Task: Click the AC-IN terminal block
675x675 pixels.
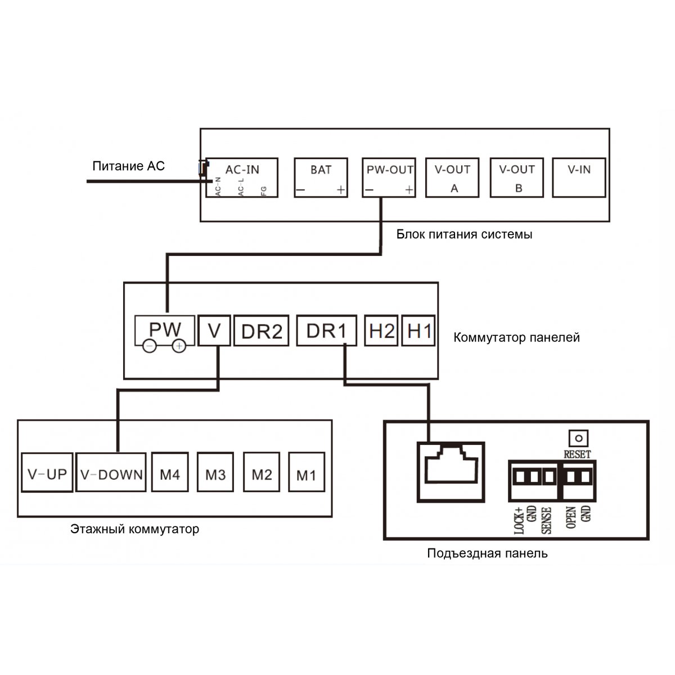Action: coord(242,177)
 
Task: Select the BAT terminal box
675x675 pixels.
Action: coord(321,177)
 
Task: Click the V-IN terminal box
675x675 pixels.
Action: coord(579,177)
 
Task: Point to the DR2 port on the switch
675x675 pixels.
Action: coord(261,330)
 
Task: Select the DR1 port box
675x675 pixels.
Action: coord(327,330)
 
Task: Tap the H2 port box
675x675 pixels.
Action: coord(381,330)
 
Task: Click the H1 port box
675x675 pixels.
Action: coord(418,330)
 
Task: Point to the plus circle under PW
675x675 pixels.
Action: coord(179,346)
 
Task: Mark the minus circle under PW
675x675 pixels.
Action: coord(150,346)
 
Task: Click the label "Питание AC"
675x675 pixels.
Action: coord(129,166)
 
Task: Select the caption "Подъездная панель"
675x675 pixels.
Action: coord(487,553)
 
